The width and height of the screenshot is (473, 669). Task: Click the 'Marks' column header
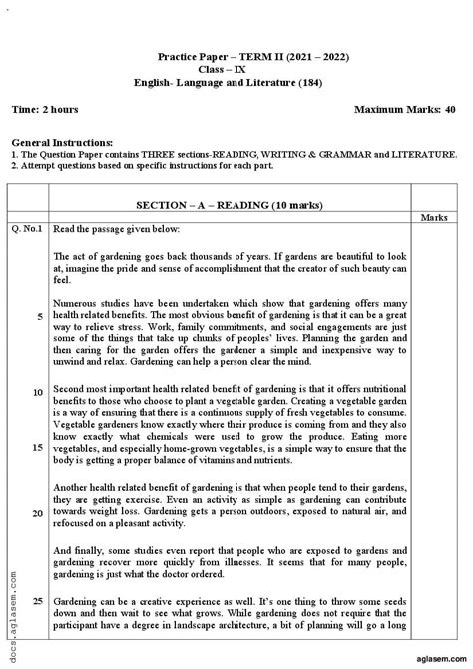(x=434, y=217)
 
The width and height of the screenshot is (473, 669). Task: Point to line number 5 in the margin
(x=39, y=316)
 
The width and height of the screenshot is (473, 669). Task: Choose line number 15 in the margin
(x=37, y=448)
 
